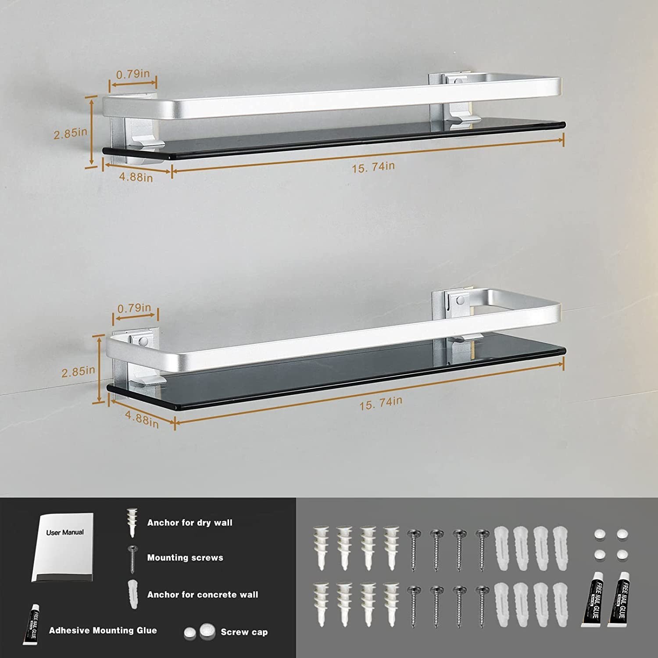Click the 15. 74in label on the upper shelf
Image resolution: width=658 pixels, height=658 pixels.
[373, 167]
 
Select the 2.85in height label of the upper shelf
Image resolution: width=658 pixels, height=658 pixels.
[70, 133]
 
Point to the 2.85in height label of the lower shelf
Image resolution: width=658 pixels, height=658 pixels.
[78, 372]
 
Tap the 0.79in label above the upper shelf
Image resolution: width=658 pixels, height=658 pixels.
[133, 74]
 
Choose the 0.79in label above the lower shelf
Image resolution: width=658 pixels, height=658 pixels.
[134, 308]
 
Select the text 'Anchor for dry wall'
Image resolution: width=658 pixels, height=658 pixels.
[190, 522]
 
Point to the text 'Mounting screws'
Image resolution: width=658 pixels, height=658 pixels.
[185, 558]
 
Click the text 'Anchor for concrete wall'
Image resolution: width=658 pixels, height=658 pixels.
[203, 594]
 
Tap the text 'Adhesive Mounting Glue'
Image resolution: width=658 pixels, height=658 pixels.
[103, 630]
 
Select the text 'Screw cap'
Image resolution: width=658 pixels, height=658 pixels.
[244, 632]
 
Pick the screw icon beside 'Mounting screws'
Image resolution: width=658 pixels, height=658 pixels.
[132, 559]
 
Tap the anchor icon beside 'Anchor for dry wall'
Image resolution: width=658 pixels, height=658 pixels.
[132, 522]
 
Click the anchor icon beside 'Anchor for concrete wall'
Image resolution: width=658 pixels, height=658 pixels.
[132, 594]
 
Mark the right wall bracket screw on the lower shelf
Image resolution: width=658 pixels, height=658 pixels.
[459, 301]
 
